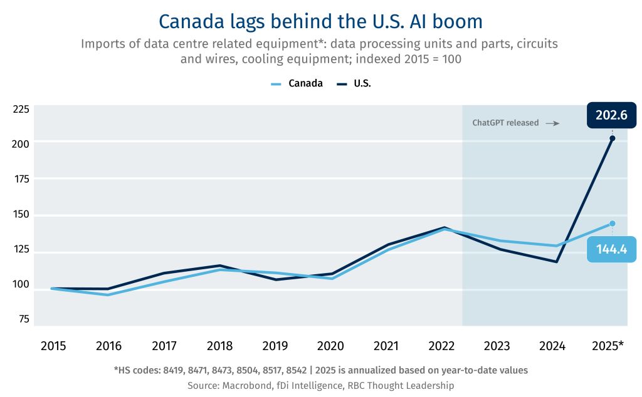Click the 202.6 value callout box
611,115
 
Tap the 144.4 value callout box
611,249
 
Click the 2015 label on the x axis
53,346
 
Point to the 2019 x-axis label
275,346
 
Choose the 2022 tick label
441,346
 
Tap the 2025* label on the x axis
608,346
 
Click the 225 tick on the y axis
21,110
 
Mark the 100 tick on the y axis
21,284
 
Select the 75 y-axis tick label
24,319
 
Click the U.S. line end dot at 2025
613,138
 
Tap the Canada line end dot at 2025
613,224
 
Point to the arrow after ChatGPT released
552,123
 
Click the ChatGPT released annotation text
505,123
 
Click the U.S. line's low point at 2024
557,262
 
